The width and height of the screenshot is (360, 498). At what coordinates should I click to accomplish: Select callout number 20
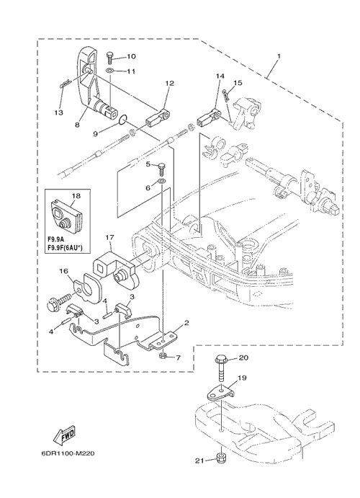[x=243, y=357]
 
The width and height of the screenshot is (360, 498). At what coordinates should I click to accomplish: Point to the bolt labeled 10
[x=110, y=58]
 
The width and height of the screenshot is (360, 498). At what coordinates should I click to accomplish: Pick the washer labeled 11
[x=109, y=70]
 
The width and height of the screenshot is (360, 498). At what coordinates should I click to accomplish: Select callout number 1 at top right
[x=279, y=56]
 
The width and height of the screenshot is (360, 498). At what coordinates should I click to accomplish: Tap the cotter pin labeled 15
[x=226, y=95]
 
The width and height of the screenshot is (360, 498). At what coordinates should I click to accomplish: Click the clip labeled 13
[x=64, y=84]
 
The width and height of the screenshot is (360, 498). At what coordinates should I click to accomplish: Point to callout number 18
[x=76, y=196]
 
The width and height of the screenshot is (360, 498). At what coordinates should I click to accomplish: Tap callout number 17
[x=109, y=237]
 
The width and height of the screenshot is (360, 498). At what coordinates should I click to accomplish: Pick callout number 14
[x=220, y=76]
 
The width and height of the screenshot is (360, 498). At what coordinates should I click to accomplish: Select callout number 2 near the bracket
[x=186, y=323]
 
